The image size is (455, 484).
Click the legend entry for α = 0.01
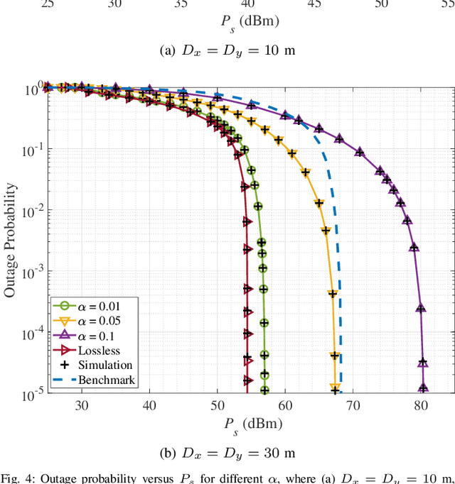click(92, 305)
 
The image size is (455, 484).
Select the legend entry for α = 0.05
click(92, 320)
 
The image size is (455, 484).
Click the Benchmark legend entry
click(92, 380)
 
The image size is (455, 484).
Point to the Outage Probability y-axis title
click(11, 240)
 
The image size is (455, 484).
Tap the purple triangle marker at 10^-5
click(423, 388)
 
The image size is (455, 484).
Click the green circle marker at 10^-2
click(259, 206)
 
